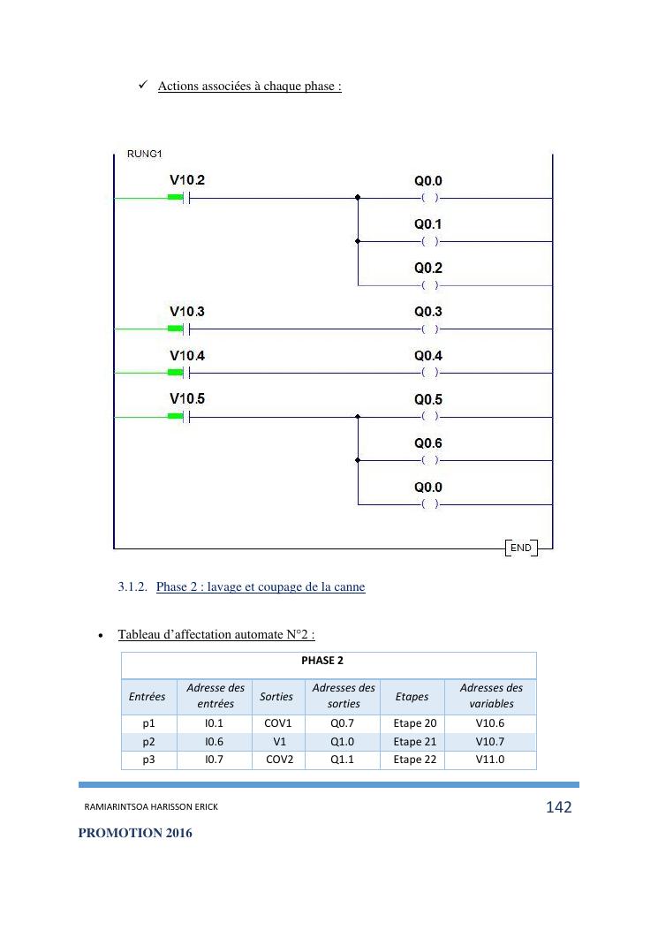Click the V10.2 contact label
click(187, 180)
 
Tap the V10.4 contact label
click(187, 356)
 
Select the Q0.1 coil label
click(428, 224)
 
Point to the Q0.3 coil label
click(428, 312)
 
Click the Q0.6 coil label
click(428, 443)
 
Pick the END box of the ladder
click(521, 548)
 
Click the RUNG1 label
click(145, 155)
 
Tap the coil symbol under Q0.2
click(429, 285)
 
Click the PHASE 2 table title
click(329, 660)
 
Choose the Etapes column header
click(412, 696)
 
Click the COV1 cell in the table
click(277, 723)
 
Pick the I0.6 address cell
click(214, 742)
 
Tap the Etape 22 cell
click(414, 760)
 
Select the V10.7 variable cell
click(490, 742)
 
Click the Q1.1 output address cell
click(343, 760)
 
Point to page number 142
click(558, 807)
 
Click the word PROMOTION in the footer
click(119, 833)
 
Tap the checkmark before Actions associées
click(142, 85)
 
